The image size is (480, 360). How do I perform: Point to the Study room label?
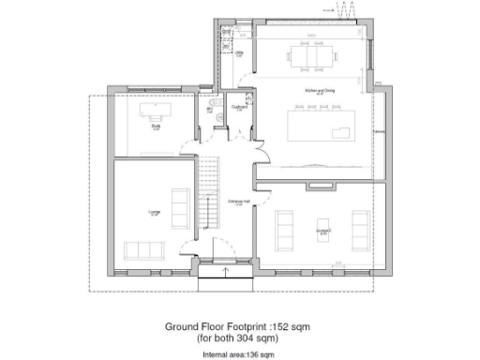tap(155, 128)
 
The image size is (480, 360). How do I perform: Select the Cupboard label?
tap(239, 107)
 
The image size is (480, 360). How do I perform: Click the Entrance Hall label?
tap(238, 202)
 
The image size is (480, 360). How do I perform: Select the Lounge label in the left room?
tap(153, 213)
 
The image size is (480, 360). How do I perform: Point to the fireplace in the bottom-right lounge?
tap(321, 187)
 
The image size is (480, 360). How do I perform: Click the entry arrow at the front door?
tap(226, 272)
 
